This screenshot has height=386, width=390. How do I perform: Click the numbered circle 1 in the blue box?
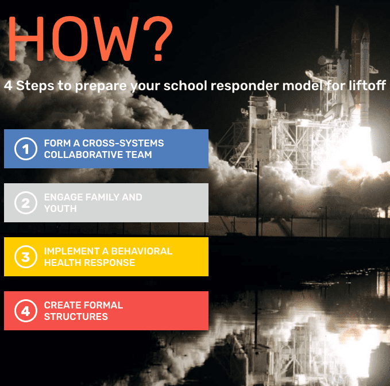25,149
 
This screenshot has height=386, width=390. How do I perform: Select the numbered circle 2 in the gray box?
25,203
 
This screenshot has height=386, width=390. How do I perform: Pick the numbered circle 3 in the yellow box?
25,257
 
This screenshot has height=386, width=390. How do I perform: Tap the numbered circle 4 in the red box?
25,311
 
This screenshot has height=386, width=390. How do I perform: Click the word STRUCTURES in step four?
76,316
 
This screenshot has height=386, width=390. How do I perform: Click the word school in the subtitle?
185,86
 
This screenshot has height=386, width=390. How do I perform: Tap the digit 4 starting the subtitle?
8,86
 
